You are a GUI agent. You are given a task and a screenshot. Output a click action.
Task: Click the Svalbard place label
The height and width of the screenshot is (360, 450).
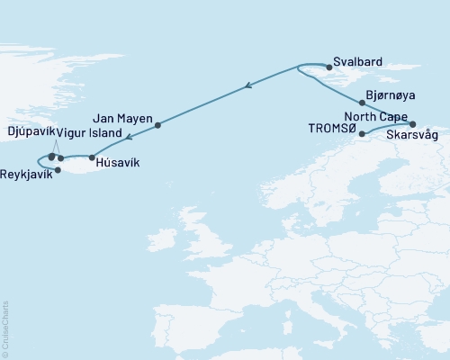pos(358,61)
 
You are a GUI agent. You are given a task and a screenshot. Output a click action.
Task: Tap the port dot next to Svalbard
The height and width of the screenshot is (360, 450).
pos(329,67)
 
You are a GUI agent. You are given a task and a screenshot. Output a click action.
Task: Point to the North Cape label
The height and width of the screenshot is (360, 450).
pos(376,115)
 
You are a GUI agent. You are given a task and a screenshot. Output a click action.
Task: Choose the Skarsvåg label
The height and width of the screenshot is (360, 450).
pos(413,136)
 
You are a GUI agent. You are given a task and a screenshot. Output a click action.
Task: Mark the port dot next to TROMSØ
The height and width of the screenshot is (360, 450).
pos(362,135)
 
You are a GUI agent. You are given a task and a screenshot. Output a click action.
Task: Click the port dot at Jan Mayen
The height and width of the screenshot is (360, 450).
pos(157,125)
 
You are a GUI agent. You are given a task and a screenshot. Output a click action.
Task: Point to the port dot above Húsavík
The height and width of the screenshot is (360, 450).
pos(92,157)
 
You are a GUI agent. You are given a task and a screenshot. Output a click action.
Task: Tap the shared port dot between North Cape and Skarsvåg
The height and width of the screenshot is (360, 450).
pos(413,123)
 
